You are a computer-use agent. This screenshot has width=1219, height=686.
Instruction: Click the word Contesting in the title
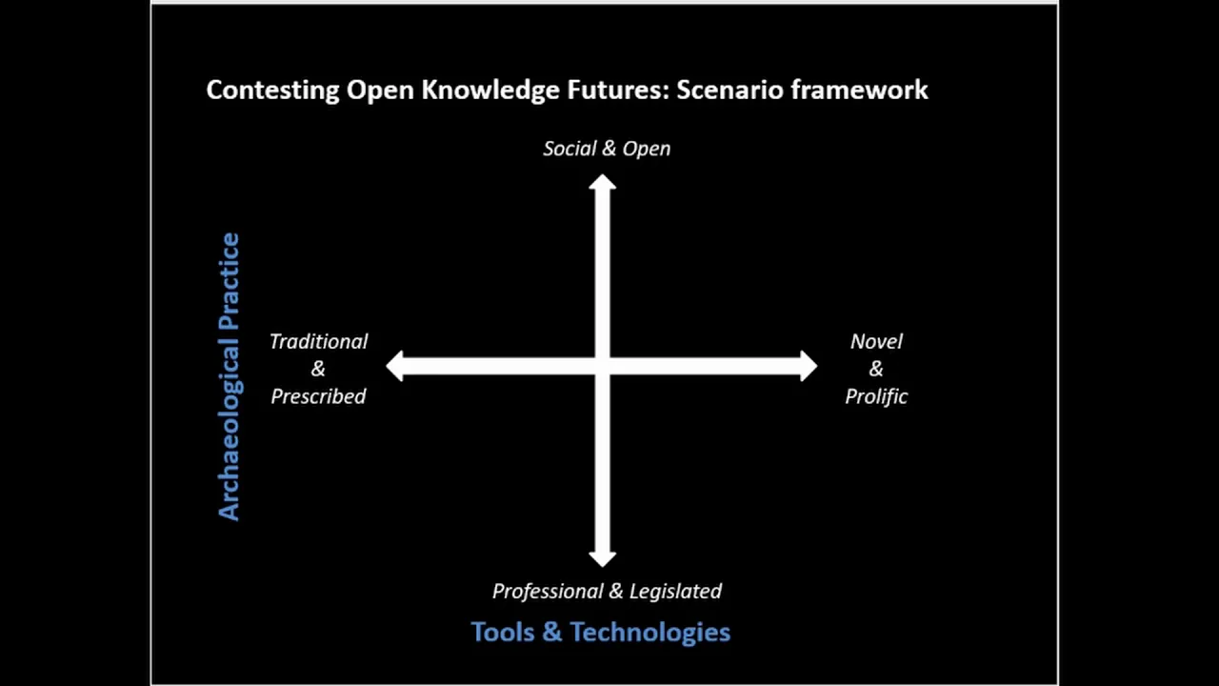(272, 91)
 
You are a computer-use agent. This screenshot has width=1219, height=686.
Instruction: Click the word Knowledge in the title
(490, 91)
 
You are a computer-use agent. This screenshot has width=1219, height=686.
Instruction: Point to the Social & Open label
(607, 149)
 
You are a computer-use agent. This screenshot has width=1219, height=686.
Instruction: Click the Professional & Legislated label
(607, 592)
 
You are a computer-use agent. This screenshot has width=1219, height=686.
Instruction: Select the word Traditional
(319, 342)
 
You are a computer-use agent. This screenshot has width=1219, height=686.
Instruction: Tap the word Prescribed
(318, 396)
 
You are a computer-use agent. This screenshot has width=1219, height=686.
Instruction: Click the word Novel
(876, 342)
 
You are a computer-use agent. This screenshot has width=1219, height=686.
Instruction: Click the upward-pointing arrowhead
(603, 181)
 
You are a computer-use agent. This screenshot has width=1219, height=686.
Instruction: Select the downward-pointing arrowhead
(603, 559)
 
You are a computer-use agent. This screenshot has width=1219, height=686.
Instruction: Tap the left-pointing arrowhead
(394, 366)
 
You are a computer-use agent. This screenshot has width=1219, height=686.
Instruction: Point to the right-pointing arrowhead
(809, 366)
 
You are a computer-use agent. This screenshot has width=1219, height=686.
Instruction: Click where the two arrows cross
(603, 366)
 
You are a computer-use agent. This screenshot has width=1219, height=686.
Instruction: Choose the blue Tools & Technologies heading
(600, 632)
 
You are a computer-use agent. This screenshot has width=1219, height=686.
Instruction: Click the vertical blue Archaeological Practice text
(230, 376)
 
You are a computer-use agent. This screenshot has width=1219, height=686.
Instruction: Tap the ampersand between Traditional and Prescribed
(318, 369)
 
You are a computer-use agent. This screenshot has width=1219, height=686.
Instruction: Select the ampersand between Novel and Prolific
(876, 369)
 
